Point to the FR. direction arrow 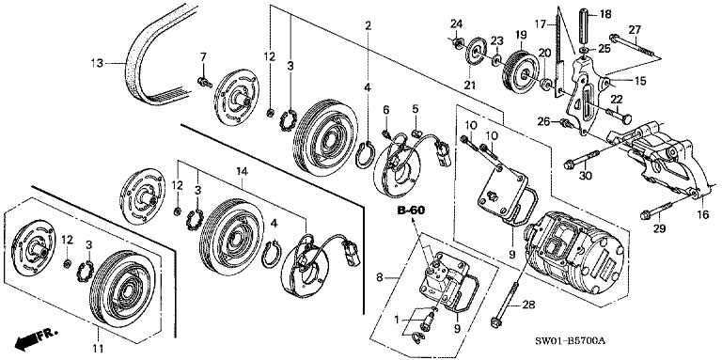pos(35,336)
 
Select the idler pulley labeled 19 pos(517,70)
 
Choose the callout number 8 pos(379,277)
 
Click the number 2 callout pos(369,24)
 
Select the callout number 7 pos(201,58)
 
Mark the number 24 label pos(455,23)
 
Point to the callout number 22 pos(617,99)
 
